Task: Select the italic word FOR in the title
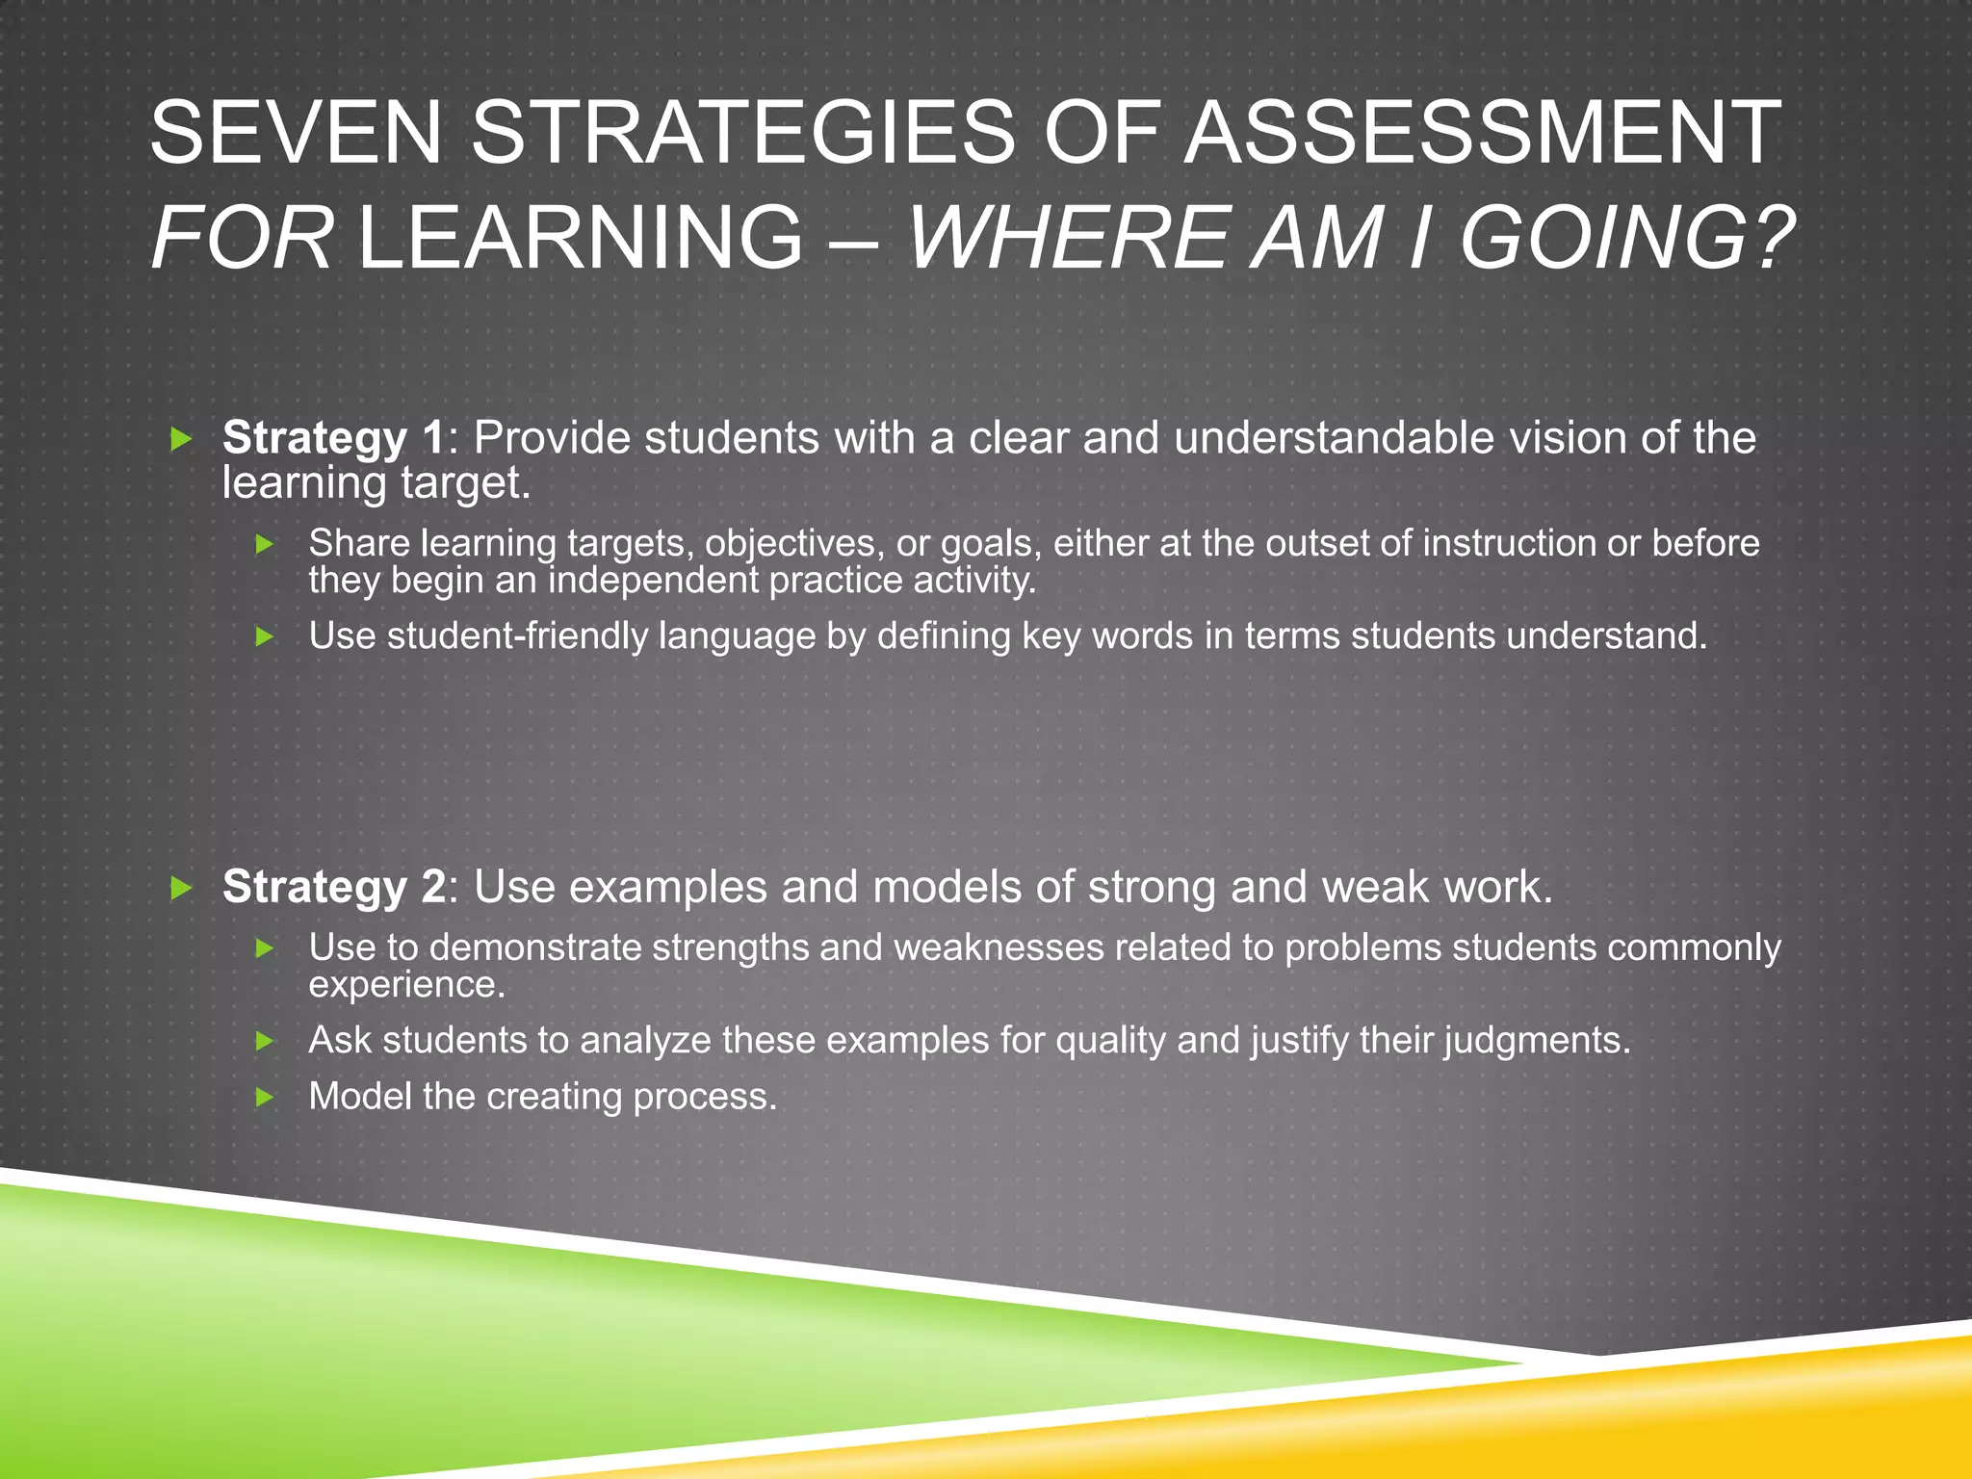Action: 242,237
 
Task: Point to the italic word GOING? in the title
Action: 1627,237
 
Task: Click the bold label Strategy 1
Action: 333,438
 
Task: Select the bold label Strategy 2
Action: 333,887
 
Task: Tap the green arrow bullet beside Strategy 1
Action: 181,440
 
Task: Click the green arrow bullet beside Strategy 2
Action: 181,888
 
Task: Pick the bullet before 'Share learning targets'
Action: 266,545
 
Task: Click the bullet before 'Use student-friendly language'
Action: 266,636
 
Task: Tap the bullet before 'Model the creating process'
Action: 266,1097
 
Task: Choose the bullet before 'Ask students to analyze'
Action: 266,1041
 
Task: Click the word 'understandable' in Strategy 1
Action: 1334,438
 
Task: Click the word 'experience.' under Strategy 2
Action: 406,985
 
